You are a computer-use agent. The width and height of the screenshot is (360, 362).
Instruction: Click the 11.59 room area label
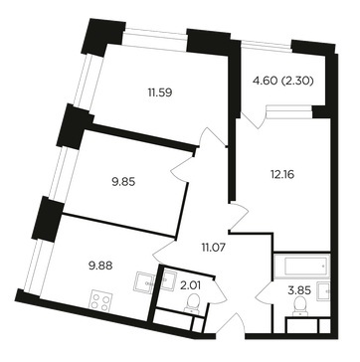click(x=160, y=92)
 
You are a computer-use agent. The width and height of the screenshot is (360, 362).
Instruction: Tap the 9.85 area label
click(x=123, y=182)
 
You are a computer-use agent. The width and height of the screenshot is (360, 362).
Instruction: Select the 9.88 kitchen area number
click(x=100, y=266)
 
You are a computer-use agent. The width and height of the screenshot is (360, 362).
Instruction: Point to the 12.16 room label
click(x=282, y=174)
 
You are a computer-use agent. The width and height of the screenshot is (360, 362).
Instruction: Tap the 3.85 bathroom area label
click(x=299, y=290)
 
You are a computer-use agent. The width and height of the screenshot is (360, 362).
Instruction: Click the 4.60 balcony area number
click(x=265, y=81)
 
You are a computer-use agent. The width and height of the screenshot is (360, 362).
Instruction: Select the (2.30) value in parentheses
click(x=297, y=81)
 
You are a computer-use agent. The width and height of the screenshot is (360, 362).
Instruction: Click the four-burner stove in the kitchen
click(x=100, y=301)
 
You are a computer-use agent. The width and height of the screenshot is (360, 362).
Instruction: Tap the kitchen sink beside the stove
click(x=144, y=281)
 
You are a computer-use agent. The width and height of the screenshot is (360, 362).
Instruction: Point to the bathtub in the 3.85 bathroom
click(x=302, y=266)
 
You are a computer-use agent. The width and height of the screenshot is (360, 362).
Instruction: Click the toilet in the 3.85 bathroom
click(x=300, y=305)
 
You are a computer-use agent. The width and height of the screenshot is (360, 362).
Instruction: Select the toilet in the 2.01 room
click(x=192, y=304)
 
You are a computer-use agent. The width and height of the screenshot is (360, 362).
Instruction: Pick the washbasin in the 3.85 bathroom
click(x=323, y=290)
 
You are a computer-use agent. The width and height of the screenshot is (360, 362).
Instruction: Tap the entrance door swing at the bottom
click(x=236, y=325)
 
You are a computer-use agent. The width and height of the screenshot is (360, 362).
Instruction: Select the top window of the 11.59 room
click(x=155, y=40)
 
